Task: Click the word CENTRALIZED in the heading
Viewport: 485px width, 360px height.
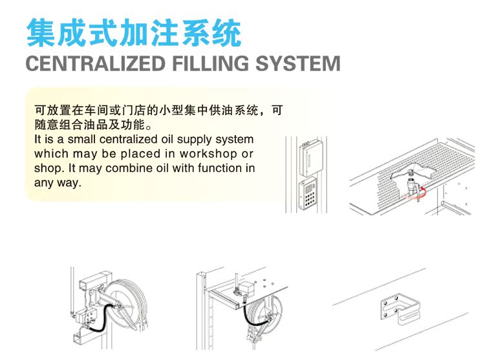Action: coord(96,64)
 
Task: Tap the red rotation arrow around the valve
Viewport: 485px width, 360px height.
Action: coord(422,191)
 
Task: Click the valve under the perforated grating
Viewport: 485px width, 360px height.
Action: coord(409,189)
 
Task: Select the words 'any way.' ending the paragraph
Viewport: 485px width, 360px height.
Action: coord(58,183)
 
